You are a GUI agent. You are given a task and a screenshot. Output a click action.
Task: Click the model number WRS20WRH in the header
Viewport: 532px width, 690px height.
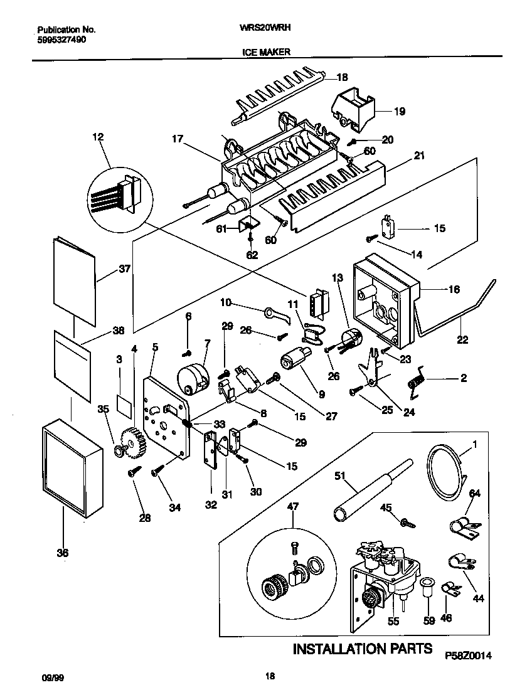[266, 29]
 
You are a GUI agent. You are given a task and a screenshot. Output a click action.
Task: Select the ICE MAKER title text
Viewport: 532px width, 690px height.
[266, 53]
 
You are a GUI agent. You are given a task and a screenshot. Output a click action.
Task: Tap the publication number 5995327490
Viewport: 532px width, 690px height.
[61, 39]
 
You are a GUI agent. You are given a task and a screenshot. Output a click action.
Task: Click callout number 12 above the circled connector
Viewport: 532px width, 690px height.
[98, 136]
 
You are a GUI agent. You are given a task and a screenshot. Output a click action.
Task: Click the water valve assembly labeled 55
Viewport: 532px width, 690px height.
[384, 574]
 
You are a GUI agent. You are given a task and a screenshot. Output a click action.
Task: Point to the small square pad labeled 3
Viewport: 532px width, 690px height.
[125, 408]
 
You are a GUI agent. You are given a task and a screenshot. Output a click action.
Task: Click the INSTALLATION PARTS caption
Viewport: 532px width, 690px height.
[363, 649]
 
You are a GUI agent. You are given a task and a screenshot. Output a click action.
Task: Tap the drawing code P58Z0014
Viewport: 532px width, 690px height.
[467, 655]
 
